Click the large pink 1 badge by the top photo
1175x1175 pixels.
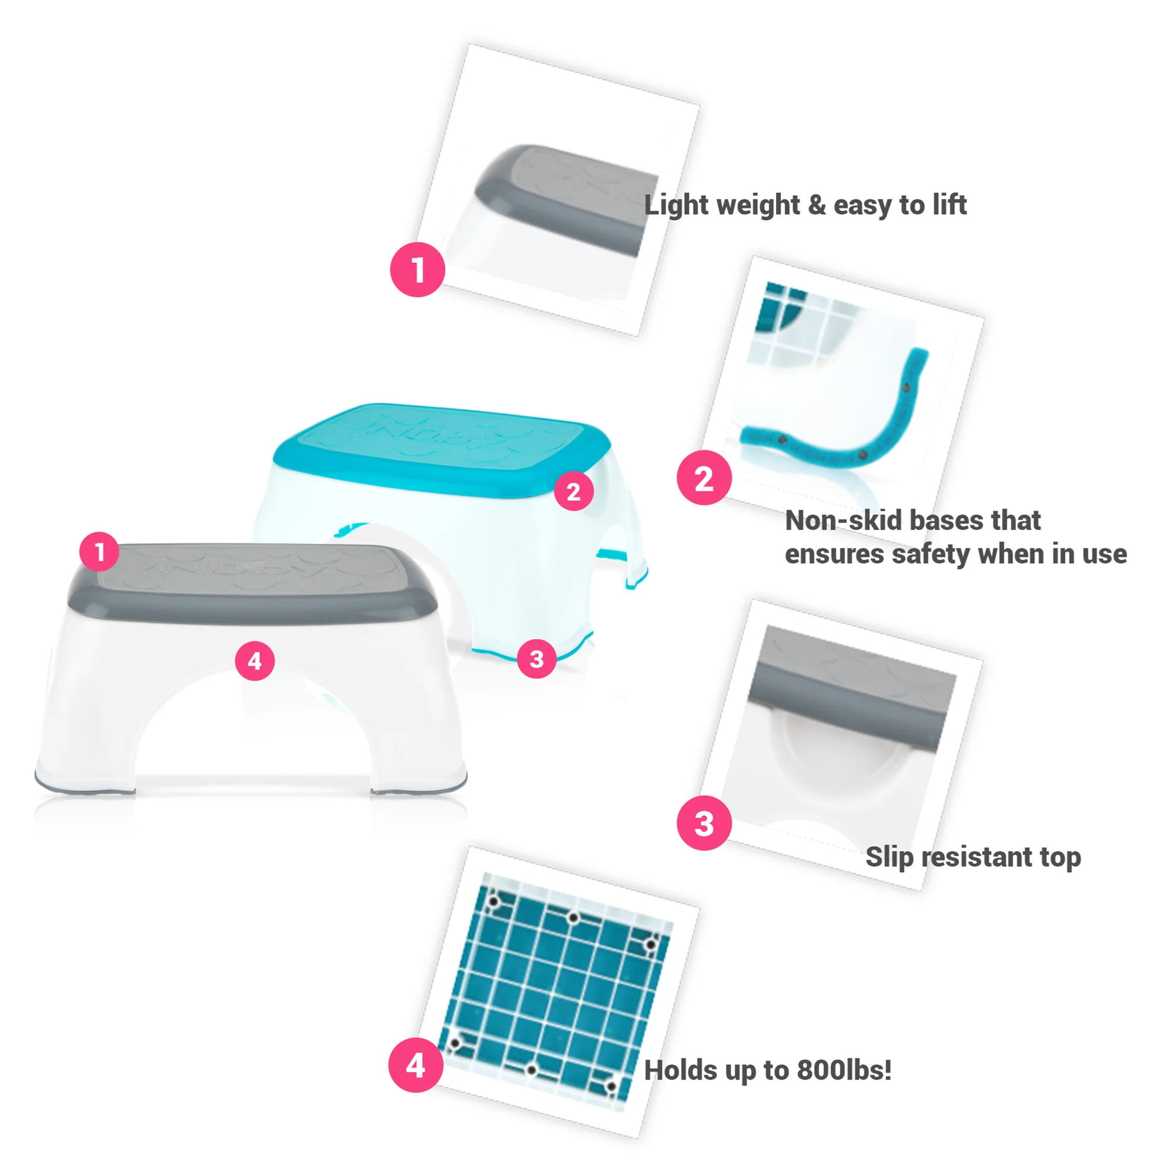[418, 269]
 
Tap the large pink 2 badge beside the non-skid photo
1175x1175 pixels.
[704, 478]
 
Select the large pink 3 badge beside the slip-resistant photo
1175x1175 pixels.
[704, 823]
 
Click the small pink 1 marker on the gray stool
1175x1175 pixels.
[99, 552]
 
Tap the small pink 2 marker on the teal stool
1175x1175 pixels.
[573, 491]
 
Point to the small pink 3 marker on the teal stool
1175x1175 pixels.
[536, 659]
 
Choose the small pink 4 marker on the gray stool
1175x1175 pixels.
[255, 660]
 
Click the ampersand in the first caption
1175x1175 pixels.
[817, 205]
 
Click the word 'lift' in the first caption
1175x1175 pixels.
[949, 205]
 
